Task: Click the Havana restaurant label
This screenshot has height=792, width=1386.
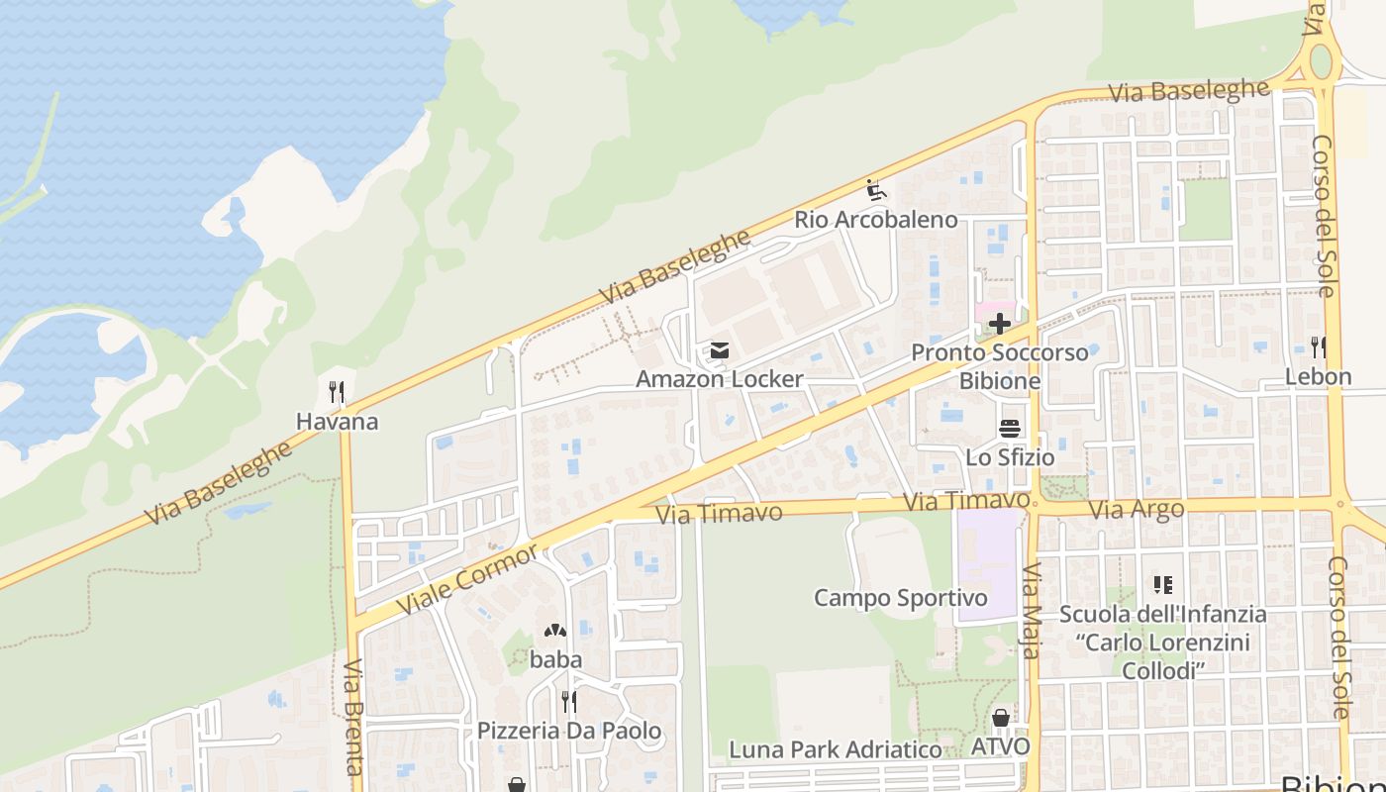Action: tap(337, 422)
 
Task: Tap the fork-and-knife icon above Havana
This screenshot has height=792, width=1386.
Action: tap(337, 392)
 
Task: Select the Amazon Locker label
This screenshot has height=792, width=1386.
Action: tap(720, 379)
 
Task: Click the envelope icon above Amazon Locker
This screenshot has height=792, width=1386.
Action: tap(720, 350)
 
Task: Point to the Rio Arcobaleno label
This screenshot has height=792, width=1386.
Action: tap(876, 220)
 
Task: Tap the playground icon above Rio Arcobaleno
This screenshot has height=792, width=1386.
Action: tap(874, 188)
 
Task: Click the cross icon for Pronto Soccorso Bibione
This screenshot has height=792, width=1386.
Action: tap(1000, 324)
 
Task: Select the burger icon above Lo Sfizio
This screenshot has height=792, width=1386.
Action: tap(1010, 429)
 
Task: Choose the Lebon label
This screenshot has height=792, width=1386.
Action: tap(1318, 377)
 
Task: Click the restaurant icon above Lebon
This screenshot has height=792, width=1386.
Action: tap(1318, 346)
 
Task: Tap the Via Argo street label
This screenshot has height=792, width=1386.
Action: tap(1137, 511)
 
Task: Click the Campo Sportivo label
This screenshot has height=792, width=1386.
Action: tap(901, 598)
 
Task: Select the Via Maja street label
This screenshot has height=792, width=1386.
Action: tap(1032, 611)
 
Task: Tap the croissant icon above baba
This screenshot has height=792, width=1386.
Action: tap(555, 630)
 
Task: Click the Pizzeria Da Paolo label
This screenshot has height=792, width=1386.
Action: tap(569, 732)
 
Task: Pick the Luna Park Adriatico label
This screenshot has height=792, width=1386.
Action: tap(836, 750)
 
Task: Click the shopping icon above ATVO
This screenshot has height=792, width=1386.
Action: tap(1001, 717)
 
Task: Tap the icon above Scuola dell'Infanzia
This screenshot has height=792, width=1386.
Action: tap(1162, 585)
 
